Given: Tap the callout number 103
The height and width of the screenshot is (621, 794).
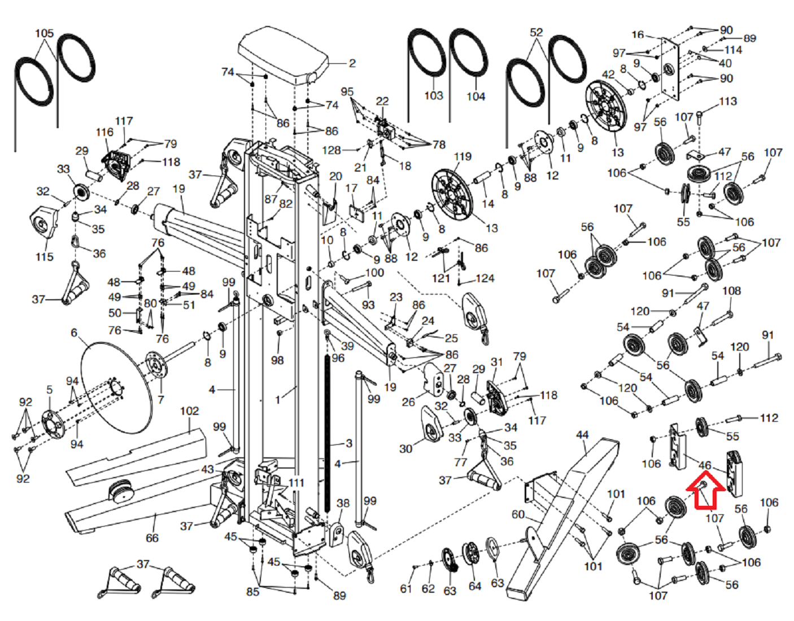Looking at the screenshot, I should click(x=433, y=95).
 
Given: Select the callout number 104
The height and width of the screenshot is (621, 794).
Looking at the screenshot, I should click(x=475, y=97).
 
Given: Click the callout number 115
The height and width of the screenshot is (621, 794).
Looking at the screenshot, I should click(x=44, y=257).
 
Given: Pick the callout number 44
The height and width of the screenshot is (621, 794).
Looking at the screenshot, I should click(x=582, y=435).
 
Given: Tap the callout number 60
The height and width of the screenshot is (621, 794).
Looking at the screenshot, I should click(x=518, y=514).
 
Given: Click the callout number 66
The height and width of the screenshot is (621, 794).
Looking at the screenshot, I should click(x=152, y=538).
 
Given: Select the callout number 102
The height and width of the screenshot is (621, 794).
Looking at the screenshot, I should click(x=189, y=411).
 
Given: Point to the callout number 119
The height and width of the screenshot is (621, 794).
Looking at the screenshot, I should click(x=462, y=156).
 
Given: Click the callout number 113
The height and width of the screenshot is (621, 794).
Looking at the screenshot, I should click(x=727, y=101).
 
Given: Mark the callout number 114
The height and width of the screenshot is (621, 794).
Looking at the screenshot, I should click(x=733, y=50).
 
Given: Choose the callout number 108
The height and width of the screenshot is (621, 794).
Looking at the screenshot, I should click(x=731, y=291).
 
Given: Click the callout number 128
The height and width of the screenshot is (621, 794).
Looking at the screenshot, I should click(x=331, y=150).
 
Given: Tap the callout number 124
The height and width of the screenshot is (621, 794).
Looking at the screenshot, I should click(x=485, y=278).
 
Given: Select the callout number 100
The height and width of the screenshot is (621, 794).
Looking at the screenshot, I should click(x=374, y=273).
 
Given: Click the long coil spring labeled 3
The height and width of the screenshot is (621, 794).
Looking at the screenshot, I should click(x=327, y=432).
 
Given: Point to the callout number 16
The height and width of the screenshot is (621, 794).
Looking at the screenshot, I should click(x=638, y=34).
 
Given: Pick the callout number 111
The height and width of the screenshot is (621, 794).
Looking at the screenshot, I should click(x=296, y=483).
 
